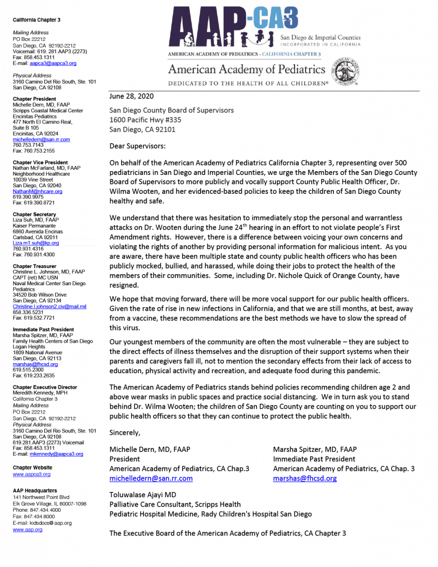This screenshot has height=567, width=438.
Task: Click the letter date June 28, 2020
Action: (131, 96)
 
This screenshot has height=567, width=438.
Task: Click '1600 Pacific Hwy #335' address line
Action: (145, 120)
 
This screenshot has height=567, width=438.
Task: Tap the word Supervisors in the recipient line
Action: (211, 110)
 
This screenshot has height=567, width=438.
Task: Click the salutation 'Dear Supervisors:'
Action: (137, 146)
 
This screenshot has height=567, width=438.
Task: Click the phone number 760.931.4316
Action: (28, 249)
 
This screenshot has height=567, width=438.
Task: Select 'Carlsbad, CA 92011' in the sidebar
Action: (35, 237)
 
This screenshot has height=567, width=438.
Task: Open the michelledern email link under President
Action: (151, 478)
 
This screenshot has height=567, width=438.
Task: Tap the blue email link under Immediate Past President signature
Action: (305, 478)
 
